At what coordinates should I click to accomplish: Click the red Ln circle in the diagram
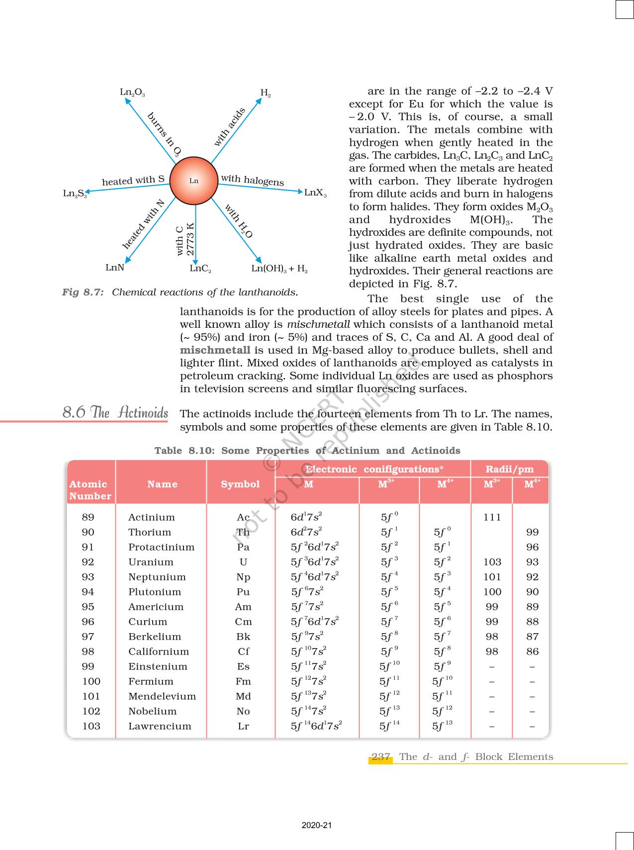tap(194, 181)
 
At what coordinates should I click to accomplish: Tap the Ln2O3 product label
tap(132, 93)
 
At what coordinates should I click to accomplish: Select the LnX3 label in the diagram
tap(315, 192)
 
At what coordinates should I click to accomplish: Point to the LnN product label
tap(115, 268)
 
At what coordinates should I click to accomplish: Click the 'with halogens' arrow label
tap(252, 180)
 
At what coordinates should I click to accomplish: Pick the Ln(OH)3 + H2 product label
tap(279, 269)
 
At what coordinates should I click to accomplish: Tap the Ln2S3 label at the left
tap(75, 193)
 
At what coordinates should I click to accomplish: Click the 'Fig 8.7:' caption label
tap(83, 292)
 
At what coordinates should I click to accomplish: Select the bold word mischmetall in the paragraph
tap(215, 350)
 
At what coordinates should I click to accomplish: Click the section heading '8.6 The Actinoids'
tap(115, 413)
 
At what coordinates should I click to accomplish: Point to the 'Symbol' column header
tap(240, 484)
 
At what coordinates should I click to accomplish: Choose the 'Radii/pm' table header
tap(510, 469)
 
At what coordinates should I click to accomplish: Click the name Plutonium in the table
tap(155, 592)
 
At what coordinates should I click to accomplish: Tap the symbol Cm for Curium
tap(243, 622)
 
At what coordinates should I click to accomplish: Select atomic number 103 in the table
tap(91, 726)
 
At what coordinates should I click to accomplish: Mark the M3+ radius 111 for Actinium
tap(492, 517)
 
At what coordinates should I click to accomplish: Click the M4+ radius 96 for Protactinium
tap(532, 547)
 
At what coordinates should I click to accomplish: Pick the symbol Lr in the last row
tap(243, 726)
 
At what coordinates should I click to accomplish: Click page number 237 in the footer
tap(380, 757)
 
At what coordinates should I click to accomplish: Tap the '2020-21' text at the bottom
tap(317, 826)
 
